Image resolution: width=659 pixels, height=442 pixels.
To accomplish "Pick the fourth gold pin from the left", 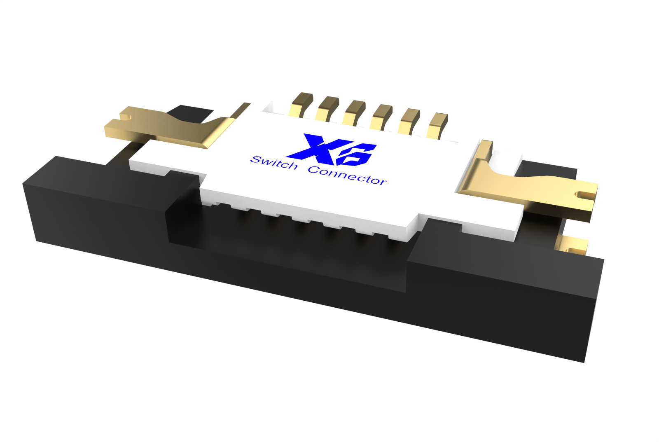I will coord(381,117).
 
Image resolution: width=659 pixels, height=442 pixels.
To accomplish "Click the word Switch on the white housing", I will coord(274,162).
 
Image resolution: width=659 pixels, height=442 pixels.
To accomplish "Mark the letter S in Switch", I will coord(256,159).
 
